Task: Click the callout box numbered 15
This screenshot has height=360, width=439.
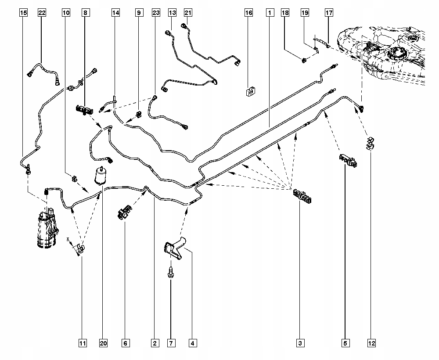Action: point(24,13)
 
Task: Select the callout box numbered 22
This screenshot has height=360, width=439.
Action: point(42,13)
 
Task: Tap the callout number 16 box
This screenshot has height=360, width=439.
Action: point(248,13)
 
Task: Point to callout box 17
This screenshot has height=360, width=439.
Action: point(329,13)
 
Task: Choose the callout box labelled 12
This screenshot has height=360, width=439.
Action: point(371,343)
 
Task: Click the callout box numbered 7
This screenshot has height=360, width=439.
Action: point(171,343)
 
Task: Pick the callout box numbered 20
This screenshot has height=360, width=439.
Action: point(103,343)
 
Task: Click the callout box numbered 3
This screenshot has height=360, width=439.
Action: point(300,343)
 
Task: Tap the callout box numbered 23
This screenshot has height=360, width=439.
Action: point(156,13)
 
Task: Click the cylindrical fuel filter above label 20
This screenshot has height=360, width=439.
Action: point(101,176)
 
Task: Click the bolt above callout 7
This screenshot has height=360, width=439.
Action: point(170,272)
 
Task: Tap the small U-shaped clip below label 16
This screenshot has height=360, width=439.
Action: point(251,91)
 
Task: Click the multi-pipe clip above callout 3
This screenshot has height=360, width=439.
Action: point(302,196)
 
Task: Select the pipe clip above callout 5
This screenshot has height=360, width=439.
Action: point(348,160)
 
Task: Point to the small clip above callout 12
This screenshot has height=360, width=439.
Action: point(370,143)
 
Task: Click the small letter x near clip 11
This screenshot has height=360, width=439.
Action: point(68,239)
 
